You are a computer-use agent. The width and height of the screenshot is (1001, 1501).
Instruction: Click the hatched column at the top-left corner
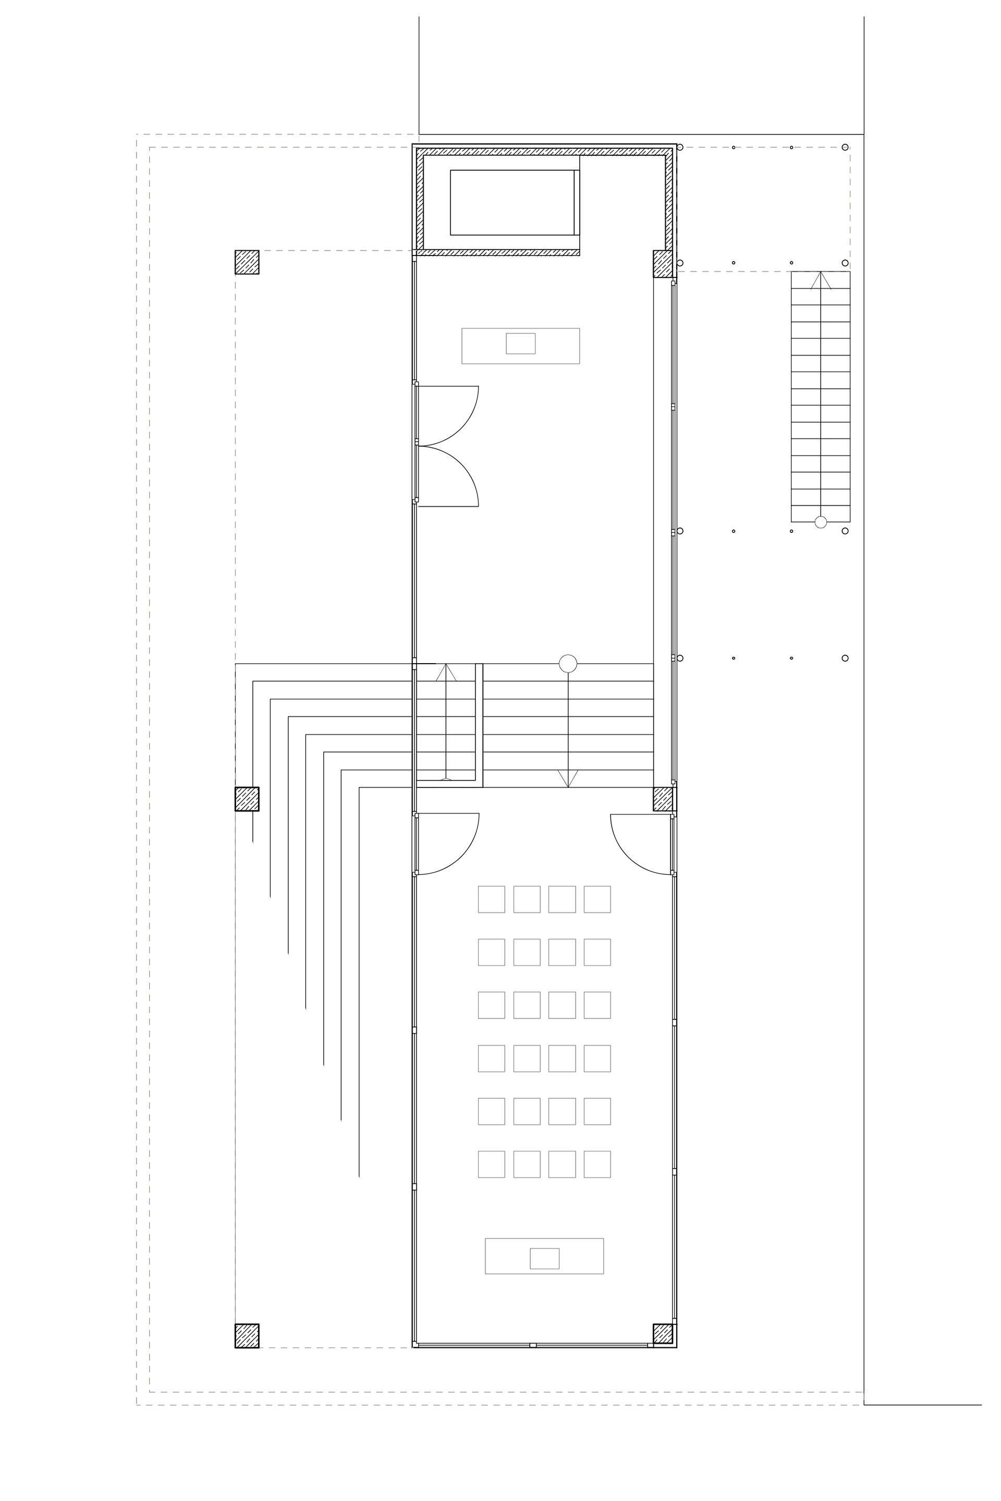tap(247, 262)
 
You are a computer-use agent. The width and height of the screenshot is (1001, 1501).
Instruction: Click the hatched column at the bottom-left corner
tap(247, 1336)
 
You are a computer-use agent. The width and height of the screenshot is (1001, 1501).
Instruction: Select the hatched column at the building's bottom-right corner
tap(663, 1334)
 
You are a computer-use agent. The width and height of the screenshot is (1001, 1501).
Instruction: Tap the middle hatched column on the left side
tap(247, 799)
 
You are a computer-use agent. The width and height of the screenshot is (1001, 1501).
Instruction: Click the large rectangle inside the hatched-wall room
tap(512, 202)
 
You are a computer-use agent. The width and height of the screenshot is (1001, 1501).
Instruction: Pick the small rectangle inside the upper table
tap(520, 344)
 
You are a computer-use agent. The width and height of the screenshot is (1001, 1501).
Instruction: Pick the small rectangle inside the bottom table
tap(544, 1259)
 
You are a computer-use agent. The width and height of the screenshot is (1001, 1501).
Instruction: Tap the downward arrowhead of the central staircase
tap(568, 778)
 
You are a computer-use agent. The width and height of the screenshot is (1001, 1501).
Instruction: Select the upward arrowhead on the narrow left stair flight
tap(446, 672)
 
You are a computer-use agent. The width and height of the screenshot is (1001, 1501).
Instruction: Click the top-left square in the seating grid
tap(492, 899)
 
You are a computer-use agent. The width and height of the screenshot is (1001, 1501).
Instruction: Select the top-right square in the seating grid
tap(597, 899)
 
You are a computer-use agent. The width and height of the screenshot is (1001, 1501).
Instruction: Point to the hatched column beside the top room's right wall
tap(663, 264)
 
